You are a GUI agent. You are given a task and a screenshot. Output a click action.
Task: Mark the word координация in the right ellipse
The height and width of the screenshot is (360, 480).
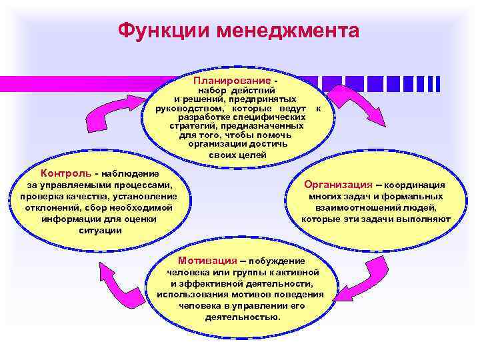tap(417, 185)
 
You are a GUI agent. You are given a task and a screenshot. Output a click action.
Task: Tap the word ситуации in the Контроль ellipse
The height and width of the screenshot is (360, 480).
tap(100, 230)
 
